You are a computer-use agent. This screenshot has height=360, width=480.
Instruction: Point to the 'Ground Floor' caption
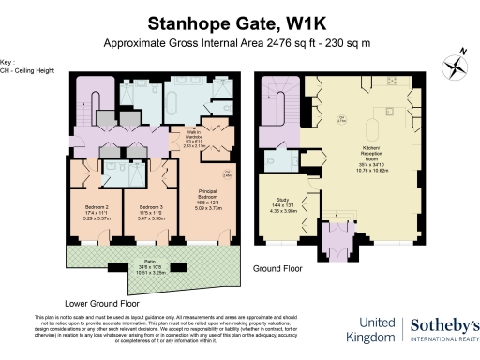278,267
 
